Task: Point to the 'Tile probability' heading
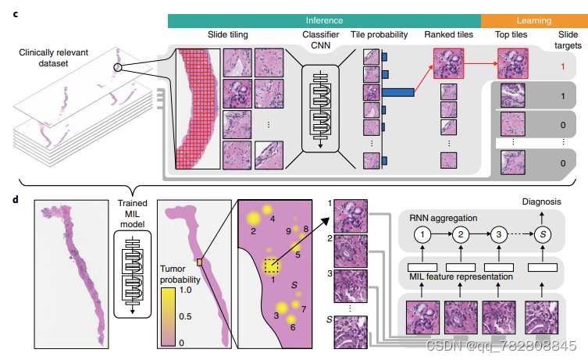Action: click(x=382, y=36)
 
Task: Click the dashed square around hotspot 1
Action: click(x=270, y=266)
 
